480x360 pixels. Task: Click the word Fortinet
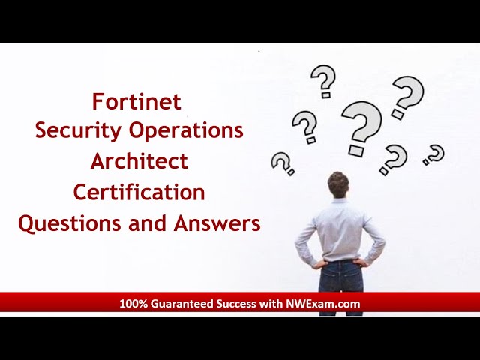(x=136, y=100)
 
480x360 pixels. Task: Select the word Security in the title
(x=70, y=130)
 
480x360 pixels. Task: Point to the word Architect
(x=139, y=161)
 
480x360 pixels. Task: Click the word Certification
(x=139, y=192)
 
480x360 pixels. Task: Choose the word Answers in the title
(x=217, y=223)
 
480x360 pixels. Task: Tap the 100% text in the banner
(x=133, y=304)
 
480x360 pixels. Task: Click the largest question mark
(x=361, y=127)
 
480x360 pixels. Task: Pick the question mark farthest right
(x=433, y=155)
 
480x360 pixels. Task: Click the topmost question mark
(x=323, y=81)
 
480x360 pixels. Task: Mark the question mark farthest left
(x=283, y=163)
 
